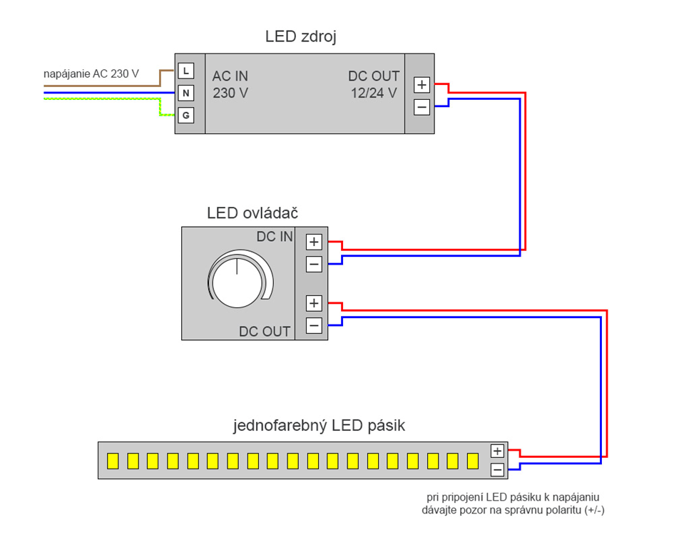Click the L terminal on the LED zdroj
tap(185, 71)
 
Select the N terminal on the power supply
tap(185, 93)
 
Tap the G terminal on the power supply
tap(185, 116)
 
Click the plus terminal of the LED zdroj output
tap(422, 85)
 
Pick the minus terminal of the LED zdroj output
tap(422, 107)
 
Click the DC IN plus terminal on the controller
tap(314, 242)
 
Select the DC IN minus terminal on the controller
tap(314, 264)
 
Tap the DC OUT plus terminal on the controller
tap(314, 304)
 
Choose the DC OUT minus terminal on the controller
tap(314, 325)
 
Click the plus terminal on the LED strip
tap(497, 451)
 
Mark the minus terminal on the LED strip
tap(497, 469)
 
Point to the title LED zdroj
tap(301, 36)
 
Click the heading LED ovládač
tap(252, 213)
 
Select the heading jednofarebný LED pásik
tap(319, 426)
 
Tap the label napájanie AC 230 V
tap(91, 74)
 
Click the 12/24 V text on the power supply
tap(374, 93)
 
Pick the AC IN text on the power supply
tap(230, 76)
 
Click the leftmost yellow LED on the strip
tap(113, 461)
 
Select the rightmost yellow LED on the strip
tap(473, 461)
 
